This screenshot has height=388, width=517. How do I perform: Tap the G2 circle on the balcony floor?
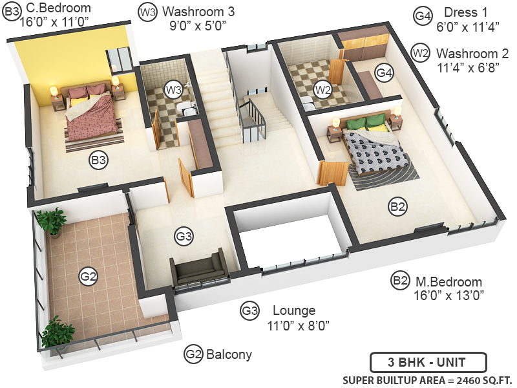click(88, 277)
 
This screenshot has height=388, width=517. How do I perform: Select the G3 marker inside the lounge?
click(184, 237)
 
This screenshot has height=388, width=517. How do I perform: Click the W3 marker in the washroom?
click(173, 89)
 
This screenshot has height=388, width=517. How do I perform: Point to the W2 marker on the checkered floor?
click(322, 89)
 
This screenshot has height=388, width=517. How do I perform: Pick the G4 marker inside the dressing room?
click(385, 73)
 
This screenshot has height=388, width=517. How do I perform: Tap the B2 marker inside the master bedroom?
click(397, 207)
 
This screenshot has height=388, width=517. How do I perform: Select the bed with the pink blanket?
click(90, 110)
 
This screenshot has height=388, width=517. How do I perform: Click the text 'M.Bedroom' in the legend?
click(448, 282)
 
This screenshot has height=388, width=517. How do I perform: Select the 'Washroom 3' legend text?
click(198, 12)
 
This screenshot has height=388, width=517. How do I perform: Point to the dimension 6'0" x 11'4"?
click(463, 27)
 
